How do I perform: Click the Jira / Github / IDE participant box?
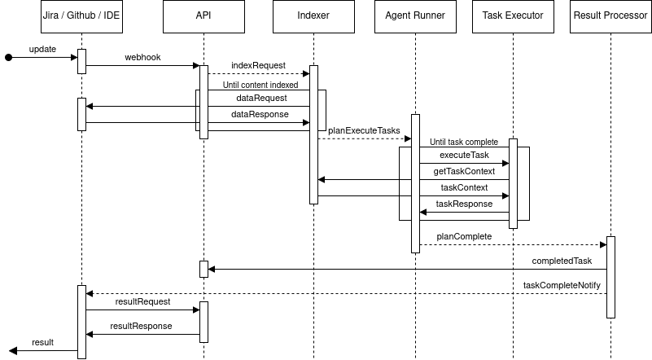click(81, 16)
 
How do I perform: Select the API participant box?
click(203, 16)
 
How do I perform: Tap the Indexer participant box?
click(313, 16)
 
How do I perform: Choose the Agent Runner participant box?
click(415, 16)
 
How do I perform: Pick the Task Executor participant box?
click(513, 16)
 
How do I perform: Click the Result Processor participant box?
click(610, 16)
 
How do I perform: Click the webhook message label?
click(142, 58)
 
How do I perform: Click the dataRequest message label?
click(256, 98)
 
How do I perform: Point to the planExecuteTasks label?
click(364, 130)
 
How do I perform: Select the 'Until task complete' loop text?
click(464, 142)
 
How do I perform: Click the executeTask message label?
click(464, 155)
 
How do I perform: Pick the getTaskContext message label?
click(463, 171)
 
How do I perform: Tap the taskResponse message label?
click(464, 204)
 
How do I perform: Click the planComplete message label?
click(464, 236)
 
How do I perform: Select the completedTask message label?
click(561, 261)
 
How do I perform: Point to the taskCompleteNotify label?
click(561, 286)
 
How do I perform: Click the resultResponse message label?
click(141, 326)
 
